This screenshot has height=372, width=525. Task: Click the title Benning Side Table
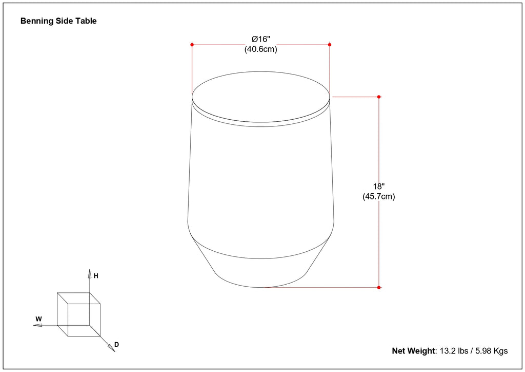[x=58, y=21]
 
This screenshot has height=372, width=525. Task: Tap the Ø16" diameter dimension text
[x=260, y=40]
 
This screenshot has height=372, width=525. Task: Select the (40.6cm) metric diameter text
[x=260, y=49]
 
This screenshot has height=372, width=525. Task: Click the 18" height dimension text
[x=379, y=187]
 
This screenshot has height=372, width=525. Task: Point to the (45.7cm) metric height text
[x=379, y=196]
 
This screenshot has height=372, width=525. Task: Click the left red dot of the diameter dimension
[x=192, y=45]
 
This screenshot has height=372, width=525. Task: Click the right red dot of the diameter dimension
[x=329, y=45]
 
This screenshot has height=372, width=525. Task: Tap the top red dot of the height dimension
[x=379, y=97]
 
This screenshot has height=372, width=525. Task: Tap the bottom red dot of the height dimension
[x=379, y=287]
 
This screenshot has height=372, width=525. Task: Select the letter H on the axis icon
[x=96, y=276]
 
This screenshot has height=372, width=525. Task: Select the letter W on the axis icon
[x=38, y=319]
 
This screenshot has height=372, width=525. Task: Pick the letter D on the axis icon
[x=116, y=344]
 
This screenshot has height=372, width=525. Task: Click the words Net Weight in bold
[x=413, y=351]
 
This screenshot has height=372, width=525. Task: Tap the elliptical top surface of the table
[x=260, y=96]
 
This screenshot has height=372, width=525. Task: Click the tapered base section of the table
[x=260, y=267]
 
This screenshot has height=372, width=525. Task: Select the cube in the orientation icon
[x=78, y=314]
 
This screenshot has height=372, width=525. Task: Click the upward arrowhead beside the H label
[x=89, y=272]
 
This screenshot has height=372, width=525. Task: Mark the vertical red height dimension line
[x=379, y=154]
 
